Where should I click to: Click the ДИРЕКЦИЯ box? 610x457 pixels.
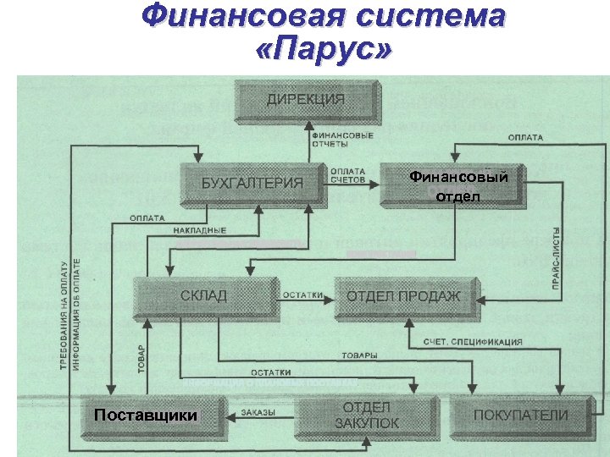(x=307, y=100)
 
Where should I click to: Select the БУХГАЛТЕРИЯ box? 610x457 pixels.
(x=252, y=182)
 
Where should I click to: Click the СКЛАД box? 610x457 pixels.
(x=203, y=295)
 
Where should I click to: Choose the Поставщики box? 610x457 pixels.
(x=146, y=416)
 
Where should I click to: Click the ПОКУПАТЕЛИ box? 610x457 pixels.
(x=520, y=416)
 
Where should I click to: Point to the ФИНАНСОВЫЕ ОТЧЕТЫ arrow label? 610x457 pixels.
(x=342, y=140)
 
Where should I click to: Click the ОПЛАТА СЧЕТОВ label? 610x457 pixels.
(x=348, y=175)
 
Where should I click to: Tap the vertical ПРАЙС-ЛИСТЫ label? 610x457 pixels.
(x=556, y=259)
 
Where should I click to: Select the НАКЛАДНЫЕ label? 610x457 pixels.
(x=199, y=230)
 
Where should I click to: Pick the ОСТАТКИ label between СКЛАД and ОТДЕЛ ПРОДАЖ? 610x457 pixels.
(x=302, y=295)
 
